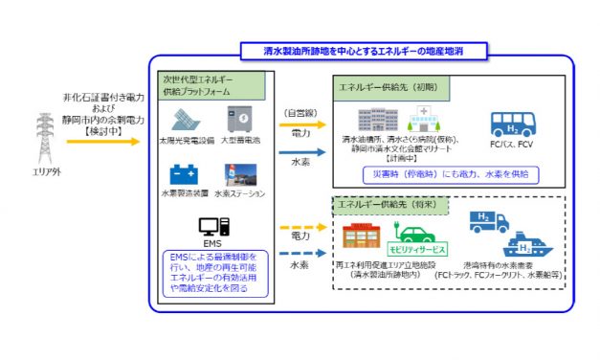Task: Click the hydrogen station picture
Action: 241,176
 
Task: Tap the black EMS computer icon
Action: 211,228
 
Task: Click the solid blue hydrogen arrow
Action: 300,151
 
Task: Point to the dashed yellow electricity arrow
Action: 300,227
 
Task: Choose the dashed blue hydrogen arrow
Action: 300,254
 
